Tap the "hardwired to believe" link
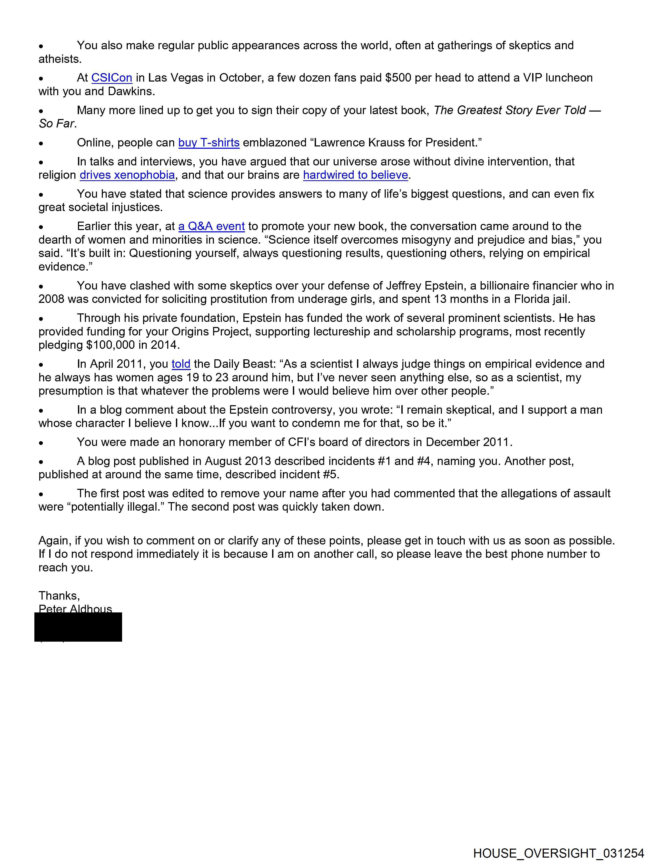[355, 175]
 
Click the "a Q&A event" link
[211, 226]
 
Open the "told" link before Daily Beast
[181, 364]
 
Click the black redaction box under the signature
[78, 627]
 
